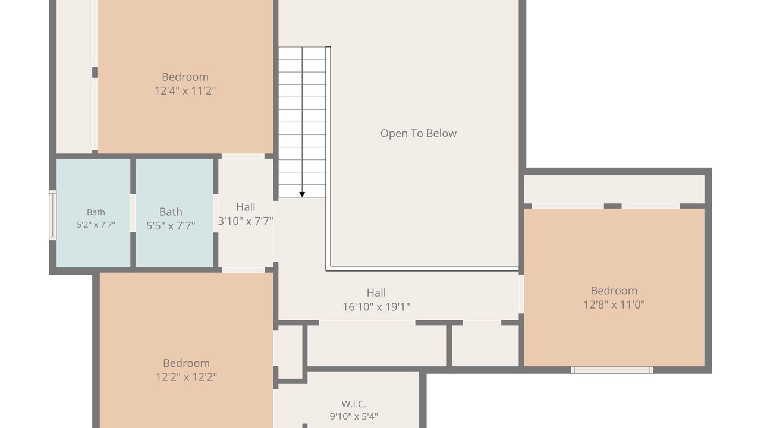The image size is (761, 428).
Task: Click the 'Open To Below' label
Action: click(x=418, y=133)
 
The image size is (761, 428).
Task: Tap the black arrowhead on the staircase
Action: click(x=302, y=194)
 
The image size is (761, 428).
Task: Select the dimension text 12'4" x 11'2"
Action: click(x=185, y=91)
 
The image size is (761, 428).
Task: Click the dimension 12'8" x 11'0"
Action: click(x=614, y=304)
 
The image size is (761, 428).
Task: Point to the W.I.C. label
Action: click(x=354, y=404)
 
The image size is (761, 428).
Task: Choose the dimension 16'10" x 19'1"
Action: click(x=376, y=307)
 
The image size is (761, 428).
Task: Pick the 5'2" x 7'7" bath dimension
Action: click(x=96, y=225)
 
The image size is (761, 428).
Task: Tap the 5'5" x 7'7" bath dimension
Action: click(x=171, y=225)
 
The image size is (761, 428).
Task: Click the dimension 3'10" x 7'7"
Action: click(x=246, y=221)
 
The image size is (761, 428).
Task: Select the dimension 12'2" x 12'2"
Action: click(x=186, y=377)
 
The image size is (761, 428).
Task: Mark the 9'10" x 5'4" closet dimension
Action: click(x=354, y=416)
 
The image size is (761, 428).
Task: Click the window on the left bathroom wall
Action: click(x=53, y=215)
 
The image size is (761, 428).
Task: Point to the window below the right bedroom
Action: click(x=612, y=370)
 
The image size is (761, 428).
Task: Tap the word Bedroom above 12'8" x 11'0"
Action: click(x=614, y=291)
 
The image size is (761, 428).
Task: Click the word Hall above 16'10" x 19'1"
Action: click(x=376, y=293)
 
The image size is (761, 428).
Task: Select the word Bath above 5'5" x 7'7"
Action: click(x=171, y=212)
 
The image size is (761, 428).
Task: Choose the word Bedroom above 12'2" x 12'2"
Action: click(x=186, y=363)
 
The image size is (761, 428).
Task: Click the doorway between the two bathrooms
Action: click(x=133, y=213)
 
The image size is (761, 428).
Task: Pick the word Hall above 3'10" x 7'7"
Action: click(x=246, y=207)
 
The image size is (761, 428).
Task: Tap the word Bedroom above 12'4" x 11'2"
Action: click(x=185, y=77)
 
